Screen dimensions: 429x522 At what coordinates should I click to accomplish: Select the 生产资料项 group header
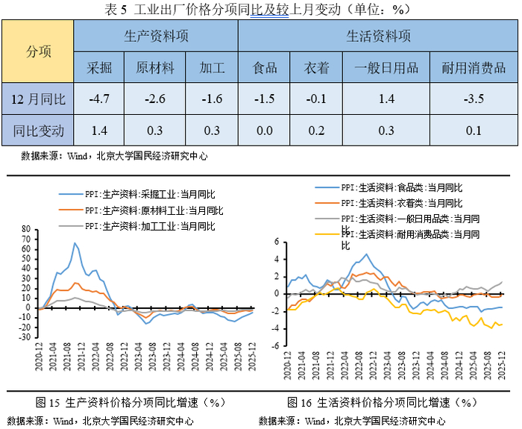pyautogui.click(x=156, y=36)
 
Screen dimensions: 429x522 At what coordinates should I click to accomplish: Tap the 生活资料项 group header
pyautogui.click(x=378, y=36)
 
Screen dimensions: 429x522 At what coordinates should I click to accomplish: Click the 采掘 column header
pyautogui.click(x=99, y=68)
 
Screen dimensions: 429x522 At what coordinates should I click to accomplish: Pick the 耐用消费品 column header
pyautogui.click(x=473, y=68)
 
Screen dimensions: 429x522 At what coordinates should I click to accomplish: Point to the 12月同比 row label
pyautogui.click(x=39, y=98)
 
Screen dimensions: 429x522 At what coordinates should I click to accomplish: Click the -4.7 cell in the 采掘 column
pyautogui.click(x=99, y=98)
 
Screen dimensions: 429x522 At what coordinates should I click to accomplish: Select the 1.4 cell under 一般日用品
pyautogui.click(x=386, y=98)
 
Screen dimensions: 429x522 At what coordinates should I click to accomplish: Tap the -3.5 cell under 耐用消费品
pyautogui.click(x=473, y=98)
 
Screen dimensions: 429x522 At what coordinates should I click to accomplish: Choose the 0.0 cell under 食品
pyautogui.click(x=264, y=131)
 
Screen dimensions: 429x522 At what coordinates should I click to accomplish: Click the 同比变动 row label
pyautogui.click(x=39, y=131)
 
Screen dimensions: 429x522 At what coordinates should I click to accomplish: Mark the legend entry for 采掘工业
pyautogui.click(x=139, y=192)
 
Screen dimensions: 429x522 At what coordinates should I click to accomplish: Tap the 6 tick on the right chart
pyautogui.click(x=277, y=241)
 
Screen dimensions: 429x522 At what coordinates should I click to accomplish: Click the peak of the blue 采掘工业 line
pyautogui.click(x=75, y=242)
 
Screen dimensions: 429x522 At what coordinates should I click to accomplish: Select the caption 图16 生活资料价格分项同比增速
pyautogui.click(x=381, y=403)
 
